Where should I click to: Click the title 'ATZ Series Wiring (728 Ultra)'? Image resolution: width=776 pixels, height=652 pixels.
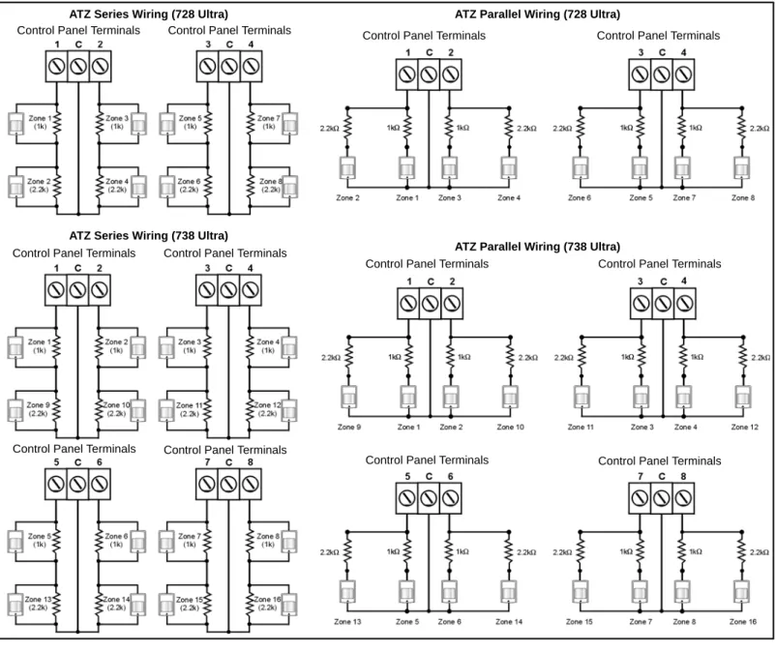[148, 15]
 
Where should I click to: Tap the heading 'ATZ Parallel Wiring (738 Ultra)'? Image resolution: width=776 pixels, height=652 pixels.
[537, 247]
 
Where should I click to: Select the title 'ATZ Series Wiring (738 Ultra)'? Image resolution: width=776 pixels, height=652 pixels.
[148, 235]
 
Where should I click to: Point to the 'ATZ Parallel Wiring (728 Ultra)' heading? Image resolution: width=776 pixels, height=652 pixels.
[537, 15]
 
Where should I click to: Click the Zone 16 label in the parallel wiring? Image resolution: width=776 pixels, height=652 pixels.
[742, 622]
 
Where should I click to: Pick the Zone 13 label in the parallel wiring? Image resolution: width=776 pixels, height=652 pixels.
[347, 622]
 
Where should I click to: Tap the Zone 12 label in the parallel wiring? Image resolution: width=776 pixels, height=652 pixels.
[744, 427]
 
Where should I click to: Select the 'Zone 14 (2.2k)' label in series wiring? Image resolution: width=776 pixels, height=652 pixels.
[116, 603]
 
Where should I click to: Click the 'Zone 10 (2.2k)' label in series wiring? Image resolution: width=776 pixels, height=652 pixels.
[116, 408]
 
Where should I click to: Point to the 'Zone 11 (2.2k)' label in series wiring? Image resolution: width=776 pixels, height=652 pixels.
[190, 409]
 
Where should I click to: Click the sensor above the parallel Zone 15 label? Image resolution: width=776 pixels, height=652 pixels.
[580, 591]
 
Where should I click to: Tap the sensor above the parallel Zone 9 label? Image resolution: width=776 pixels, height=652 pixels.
[349, 397]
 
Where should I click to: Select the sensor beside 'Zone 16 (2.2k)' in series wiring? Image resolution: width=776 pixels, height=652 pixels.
[288, 605]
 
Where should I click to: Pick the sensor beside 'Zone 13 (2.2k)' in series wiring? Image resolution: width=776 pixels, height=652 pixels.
[15, 605]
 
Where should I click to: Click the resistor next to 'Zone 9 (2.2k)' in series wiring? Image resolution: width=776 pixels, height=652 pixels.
[56, 409]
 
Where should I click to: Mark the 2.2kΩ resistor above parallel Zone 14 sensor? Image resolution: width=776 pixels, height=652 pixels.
[509, 551]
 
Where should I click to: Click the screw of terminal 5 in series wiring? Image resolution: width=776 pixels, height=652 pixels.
[56, 484]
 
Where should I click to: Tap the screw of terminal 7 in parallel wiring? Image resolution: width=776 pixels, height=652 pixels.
[640, 497]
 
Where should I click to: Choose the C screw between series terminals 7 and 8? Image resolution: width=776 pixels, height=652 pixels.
[228, 484]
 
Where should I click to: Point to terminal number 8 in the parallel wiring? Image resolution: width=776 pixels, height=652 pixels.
[683, 476]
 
